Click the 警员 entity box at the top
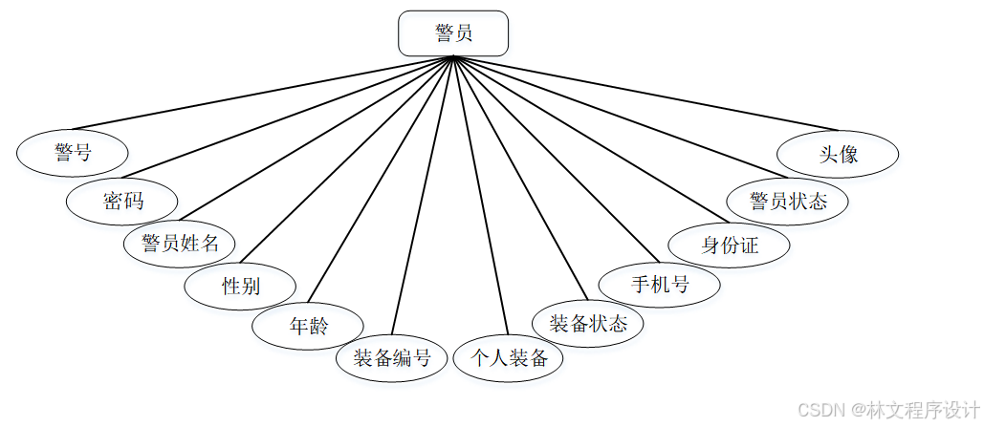[453, 33]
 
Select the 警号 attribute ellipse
[73, 152]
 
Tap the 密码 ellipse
[122, 201]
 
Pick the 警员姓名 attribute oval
[180, 243]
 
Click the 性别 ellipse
[240, 286]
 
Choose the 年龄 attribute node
[308, 325]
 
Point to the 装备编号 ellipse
[392, 359]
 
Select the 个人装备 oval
[508, 359]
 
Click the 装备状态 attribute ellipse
[588, 323]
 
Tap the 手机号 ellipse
[659, 284]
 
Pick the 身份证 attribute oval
[729, 245]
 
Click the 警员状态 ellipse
[788, 201]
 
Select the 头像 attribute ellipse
[838, 154]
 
